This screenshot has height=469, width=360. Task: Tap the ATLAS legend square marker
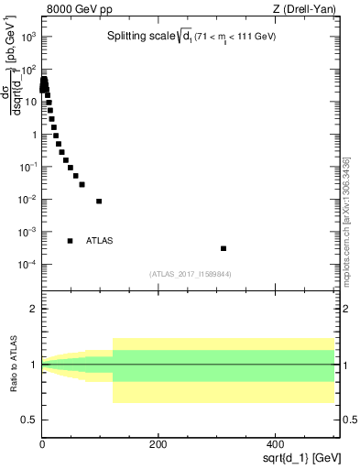70,241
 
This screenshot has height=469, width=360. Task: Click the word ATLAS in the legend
100,241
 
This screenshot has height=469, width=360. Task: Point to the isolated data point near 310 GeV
224,248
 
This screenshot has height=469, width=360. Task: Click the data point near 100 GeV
99,201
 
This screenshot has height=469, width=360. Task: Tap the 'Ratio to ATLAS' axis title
14,365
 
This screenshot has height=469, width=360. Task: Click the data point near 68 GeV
82,184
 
